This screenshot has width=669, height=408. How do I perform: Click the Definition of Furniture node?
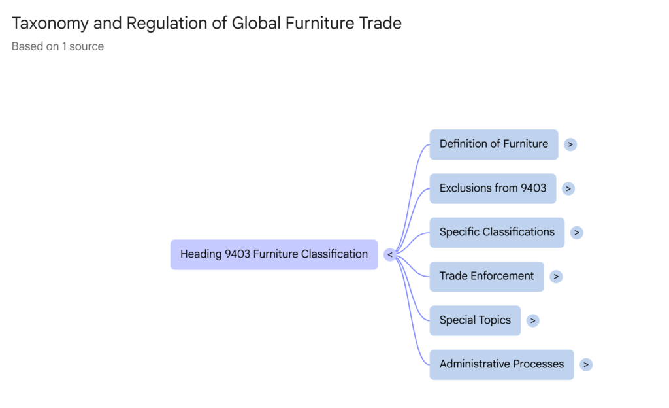[x=493, y=144]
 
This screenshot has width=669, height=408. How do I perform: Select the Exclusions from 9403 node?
[x=493, y=188]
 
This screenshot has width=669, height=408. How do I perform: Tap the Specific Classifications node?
[x=497, y=232]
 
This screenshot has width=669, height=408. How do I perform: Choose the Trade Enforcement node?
[x=486, y=276]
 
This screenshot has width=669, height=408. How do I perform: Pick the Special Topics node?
[x=475, y=320]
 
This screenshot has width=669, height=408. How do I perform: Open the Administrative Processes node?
[x=501, y=364]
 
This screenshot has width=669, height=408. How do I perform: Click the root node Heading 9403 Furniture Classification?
[x=274, y=254]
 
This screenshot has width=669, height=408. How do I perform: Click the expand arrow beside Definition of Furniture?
[x=570, y=144]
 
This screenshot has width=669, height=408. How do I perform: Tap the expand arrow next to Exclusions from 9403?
[x=568, y=188]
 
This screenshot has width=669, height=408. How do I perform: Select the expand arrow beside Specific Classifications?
[x=576, y=232]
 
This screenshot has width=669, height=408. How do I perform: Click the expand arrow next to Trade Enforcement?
[x=556, y=277]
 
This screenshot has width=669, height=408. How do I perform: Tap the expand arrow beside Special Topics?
[x=533, y=320]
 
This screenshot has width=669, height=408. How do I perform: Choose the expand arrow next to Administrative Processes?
[x=586, y=365]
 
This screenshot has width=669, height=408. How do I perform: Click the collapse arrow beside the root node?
[x=390, y=255]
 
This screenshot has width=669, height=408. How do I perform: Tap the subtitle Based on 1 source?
[x=57, y=46]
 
